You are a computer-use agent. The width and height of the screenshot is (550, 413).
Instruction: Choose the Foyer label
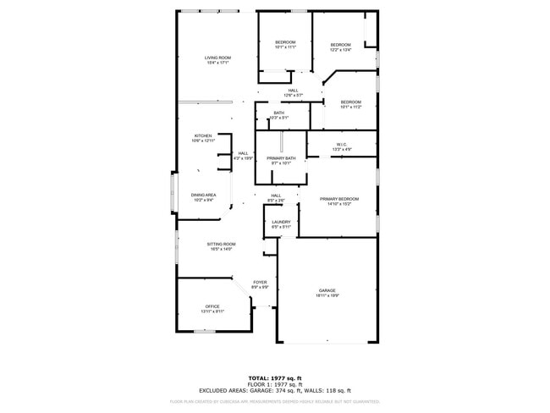261,284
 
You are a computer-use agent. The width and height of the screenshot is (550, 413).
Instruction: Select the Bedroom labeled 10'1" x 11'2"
350,104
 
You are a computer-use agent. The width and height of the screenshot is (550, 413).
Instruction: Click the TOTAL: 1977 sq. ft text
275,377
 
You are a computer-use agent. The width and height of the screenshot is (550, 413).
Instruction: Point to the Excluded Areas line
275,390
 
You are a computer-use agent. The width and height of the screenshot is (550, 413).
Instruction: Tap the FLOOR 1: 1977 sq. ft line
275,383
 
